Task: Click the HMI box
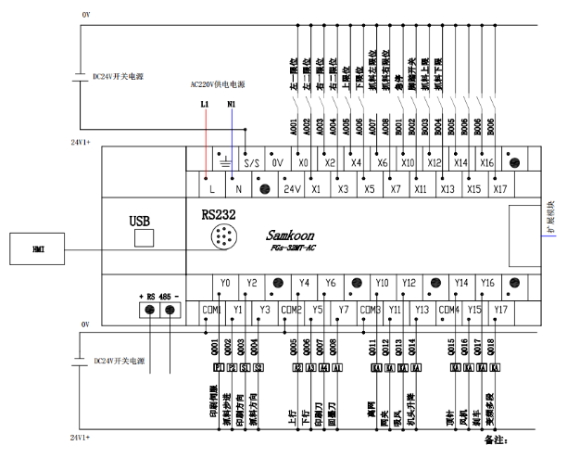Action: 38,248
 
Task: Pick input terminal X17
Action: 501,189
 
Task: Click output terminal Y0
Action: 225,283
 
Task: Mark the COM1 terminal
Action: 211,310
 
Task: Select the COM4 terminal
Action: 448,310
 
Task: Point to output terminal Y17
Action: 501,310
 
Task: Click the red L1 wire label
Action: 205,105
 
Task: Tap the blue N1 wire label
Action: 231,105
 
